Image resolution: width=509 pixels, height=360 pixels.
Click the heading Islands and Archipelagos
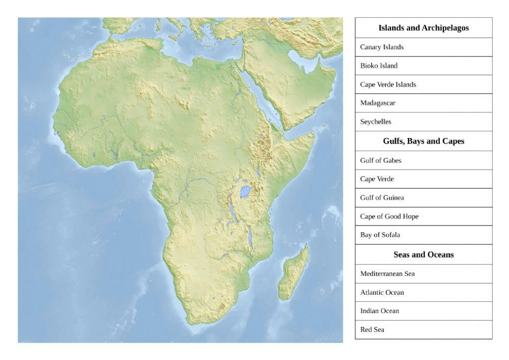[x=423, y=28]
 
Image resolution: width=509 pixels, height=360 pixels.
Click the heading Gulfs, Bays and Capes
[x=423, y=141]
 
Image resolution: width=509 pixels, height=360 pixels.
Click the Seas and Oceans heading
[x=423, y=254]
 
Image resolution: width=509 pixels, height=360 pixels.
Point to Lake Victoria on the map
[x=245, y=191]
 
